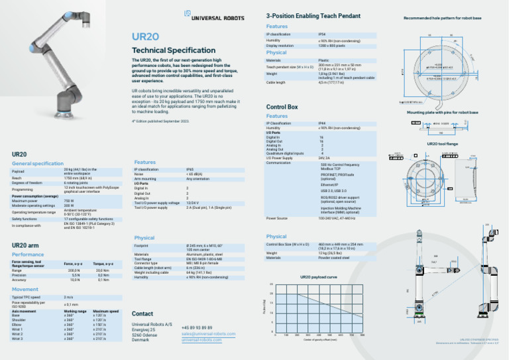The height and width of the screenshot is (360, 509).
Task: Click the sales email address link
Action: point(208,333)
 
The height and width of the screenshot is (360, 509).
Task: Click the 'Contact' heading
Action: point(143,313)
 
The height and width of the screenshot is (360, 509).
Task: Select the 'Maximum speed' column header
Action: point(106,310)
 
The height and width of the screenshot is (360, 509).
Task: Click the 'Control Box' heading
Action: point(282,106)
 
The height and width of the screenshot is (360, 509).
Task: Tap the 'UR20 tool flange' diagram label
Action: point(441,143)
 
